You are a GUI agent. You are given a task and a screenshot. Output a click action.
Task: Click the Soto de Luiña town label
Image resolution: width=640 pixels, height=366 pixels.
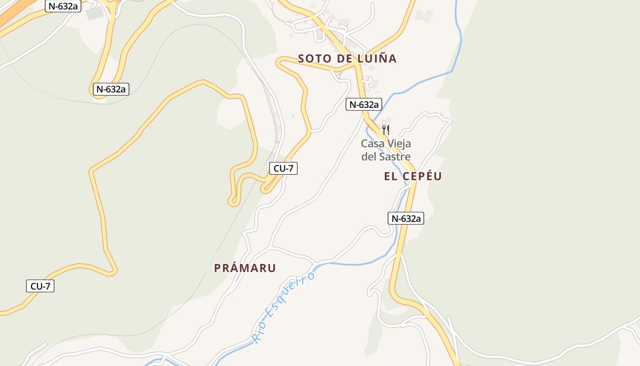point(347,59)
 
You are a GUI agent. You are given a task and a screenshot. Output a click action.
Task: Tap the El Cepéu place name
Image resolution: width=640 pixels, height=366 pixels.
point(413,177)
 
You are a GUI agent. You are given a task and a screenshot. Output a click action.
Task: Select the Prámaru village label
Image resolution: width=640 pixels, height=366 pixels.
point(245,268)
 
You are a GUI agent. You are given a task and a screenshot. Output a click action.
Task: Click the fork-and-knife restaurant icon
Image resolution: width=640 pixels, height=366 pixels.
point(386,130)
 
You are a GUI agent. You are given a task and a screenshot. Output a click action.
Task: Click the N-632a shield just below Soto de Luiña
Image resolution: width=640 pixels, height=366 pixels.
point(364,104)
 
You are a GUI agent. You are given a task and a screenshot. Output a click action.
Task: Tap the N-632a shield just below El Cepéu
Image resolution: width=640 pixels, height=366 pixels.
point(406,219)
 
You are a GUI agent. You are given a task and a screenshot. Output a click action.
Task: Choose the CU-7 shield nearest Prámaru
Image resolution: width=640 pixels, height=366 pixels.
point(283,168)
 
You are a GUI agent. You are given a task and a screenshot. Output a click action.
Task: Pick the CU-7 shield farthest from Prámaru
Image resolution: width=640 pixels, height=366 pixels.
point(40,286)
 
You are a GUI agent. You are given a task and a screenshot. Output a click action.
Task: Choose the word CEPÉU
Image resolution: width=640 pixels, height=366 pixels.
point(423,177)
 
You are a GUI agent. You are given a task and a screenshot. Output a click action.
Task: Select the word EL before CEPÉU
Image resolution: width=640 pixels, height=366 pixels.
point(390,177)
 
